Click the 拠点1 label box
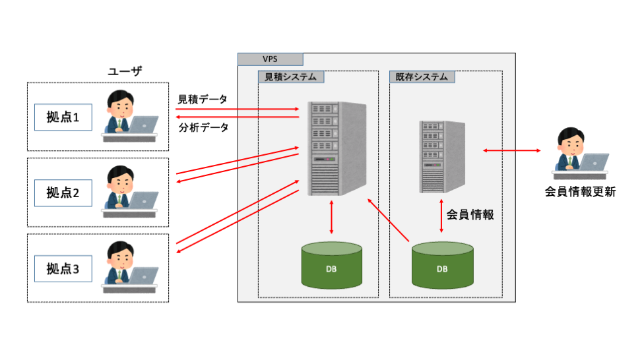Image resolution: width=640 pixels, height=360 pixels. (63, 117)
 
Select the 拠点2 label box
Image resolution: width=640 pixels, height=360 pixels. (63, 193)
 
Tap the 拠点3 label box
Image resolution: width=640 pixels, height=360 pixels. (63, 268)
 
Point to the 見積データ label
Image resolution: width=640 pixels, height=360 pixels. (203, 100)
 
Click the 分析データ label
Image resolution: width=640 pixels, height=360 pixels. (203, 127)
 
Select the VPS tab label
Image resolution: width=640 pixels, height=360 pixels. (271, 59)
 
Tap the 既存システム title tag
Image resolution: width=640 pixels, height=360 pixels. (422, 77)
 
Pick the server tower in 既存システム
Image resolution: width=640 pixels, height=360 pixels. (441, 156)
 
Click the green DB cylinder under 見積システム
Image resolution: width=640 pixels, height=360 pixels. (331, 265)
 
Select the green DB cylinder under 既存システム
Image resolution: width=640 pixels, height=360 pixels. (442, 265)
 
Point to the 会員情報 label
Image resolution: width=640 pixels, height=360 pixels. (470, 214)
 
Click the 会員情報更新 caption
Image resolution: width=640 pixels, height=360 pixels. (580, 193)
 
